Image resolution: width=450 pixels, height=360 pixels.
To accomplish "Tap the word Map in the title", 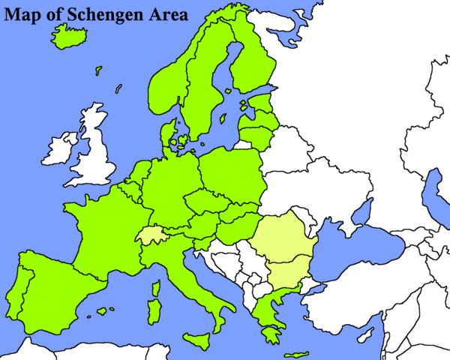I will (25, 14).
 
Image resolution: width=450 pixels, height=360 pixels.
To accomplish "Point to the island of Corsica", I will (156, 288).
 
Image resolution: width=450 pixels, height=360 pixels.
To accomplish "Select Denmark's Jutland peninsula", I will (166, 135).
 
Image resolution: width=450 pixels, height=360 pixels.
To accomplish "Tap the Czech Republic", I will (202, 202).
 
